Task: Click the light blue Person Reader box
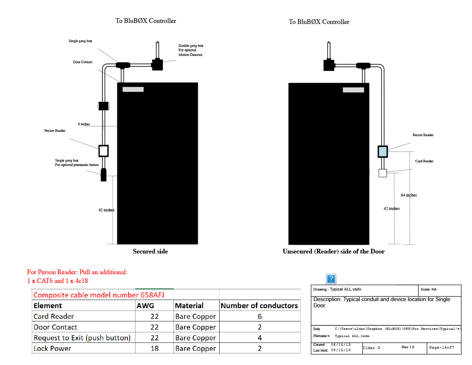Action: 383,151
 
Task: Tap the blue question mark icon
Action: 331,279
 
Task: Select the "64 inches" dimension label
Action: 408,195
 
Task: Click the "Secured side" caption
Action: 150,251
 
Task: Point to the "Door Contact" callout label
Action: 82,62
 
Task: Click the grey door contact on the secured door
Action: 133,89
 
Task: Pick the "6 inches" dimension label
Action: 84,124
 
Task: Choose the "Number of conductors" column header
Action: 259,306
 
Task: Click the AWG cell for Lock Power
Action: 155,349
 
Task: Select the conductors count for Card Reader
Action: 260,317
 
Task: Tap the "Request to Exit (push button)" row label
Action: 82,338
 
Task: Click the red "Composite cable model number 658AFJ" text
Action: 99,295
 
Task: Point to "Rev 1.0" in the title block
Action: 408,347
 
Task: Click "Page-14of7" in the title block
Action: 442,348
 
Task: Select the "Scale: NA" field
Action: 428,289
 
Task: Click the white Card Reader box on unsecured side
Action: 383,173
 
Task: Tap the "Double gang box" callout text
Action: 191,46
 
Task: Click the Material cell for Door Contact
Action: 195,327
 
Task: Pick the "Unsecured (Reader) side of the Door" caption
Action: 333,251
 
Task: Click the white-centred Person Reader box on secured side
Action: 103,151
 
